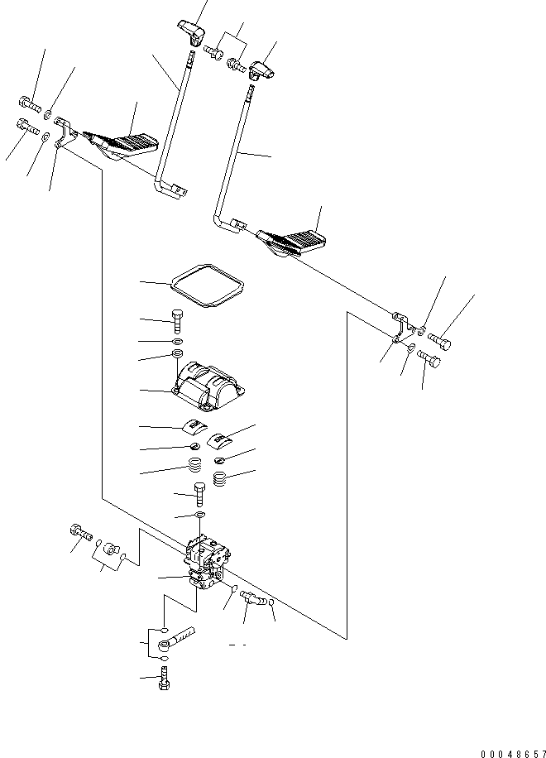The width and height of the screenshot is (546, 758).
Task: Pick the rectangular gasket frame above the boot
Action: click(207, 285)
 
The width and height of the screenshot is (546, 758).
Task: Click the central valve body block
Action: click(206, 563)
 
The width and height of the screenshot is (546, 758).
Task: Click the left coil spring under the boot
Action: click(195, 468)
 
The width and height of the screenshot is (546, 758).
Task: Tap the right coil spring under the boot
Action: click(221, 478)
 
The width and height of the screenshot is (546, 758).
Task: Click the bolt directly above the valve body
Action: click(199, 494)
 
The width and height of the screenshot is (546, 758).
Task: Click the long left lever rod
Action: click(176, 124)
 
